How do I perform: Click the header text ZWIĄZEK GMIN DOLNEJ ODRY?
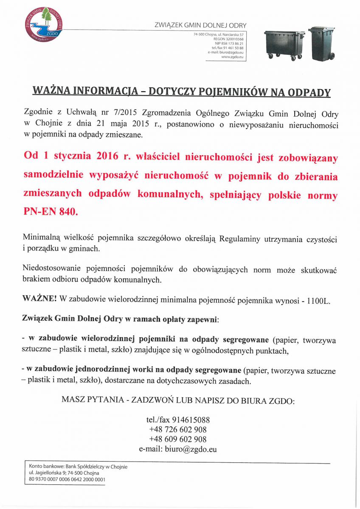tap(201, 26)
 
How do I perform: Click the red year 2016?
tap(107, 157)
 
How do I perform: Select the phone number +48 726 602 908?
tap(178, 430)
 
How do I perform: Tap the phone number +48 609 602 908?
tap(178, 439)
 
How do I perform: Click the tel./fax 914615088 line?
tap(178, 420)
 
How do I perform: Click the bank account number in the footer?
tap(67, 480)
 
